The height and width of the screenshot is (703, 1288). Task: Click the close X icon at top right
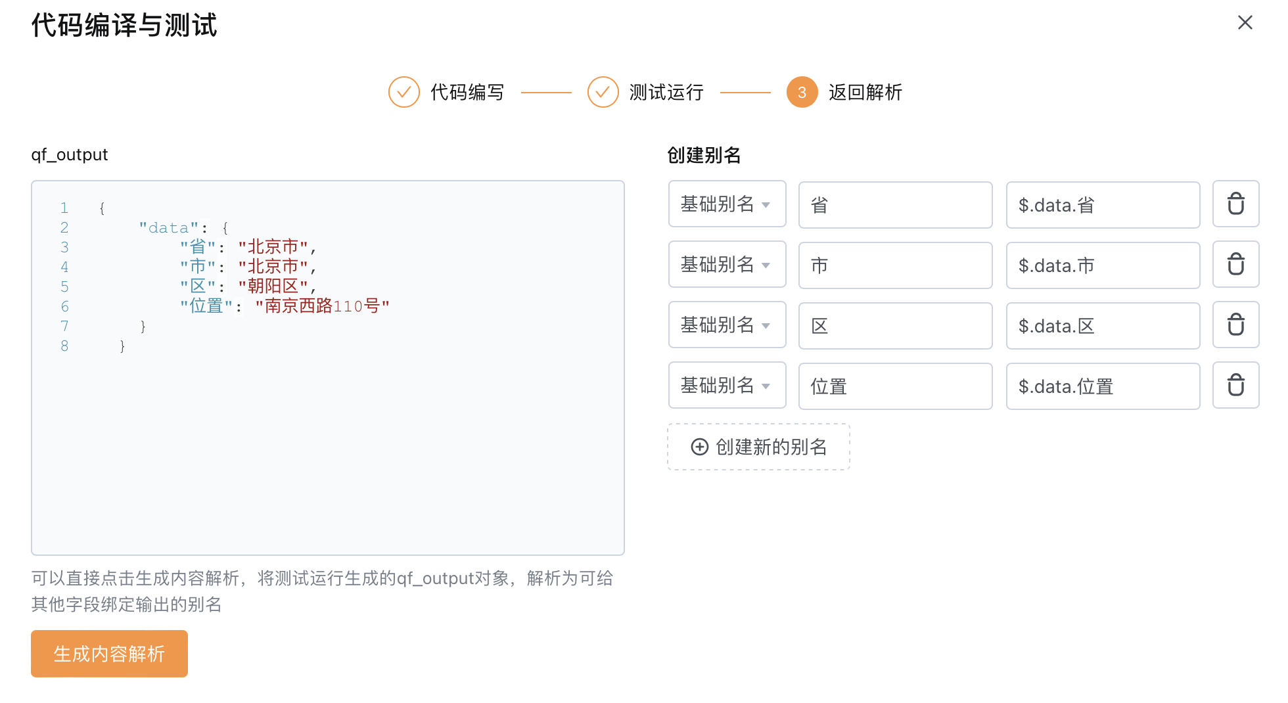(x=1245, y=23)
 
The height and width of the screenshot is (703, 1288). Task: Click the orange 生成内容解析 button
(x=109, y=654)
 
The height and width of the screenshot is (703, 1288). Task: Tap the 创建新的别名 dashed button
(x=758, y=447)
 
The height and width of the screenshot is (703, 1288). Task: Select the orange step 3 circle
(x=802, y=92)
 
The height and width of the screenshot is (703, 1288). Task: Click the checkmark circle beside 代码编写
(x=404, y=92)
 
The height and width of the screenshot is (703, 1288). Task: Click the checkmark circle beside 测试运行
(x=603, y=92)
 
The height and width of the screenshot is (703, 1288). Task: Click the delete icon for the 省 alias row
(x=1235, y=204)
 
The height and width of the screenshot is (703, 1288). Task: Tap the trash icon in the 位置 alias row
(x=1235, y=386)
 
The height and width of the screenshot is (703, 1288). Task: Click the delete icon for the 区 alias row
(x=1235, y=325)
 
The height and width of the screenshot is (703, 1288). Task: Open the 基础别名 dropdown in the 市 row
(x=727, y=265)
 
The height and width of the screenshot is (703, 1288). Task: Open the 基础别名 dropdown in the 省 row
(x=727, y=204)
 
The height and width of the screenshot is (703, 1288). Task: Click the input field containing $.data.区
(x=1103, y=326)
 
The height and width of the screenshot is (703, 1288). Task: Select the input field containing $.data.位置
(x=1103, y=386)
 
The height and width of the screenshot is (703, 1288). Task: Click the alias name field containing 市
(x=895, y=265)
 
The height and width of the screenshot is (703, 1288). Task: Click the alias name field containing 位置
(x=895, y=386)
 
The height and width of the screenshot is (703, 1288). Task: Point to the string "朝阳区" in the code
(x=273, y=286)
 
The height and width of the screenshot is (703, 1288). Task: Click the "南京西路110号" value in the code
(x=323, y=306)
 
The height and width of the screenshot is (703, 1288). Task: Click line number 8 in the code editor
(x=64, y=346)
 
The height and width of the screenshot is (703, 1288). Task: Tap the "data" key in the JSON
(x=169, y=228)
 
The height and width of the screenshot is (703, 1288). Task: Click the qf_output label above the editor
(x=69, y=154)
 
